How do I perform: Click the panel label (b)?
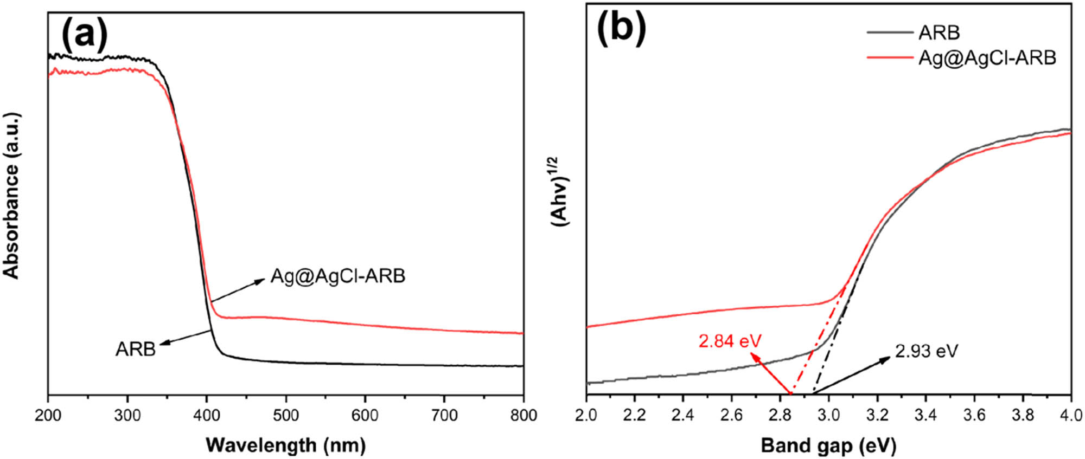pyautogui.click(x=621, y=28)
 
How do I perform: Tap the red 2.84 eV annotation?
pyautogui.click(x=730, y=341)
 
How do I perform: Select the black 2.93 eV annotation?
pyautogui.click(x=927, y=351)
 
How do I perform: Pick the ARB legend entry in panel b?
pyautogui.click(x=939, y=33)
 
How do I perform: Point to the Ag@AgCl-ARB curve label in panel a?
pyautogui.click(x=337, y=276)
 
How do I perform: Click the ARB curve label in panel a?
pyautogui.click(x=135, y=349)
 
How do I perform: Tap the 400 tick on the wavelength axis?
pyautogui.click(x=207, y=416)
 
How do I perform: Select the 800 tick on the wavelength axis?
pyautogui.click(x=523, y=416)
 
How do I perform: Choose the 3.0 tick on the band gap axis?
pyautogui.click(x=829, y=416)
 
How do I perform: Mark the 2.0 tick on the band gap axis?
pyautogui.click(x=586, y=416)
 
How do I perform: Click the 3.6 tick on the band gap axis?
pyautogui.click(x=974, y=416)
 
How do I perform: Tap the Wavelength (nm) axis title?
pyautogui.click(x=286, y=445)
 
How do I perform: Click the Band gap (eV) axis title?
pyautogui.click(x=828, y=445)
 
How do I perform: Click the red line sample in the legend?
pyautogui.click(x=890, y=57)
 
